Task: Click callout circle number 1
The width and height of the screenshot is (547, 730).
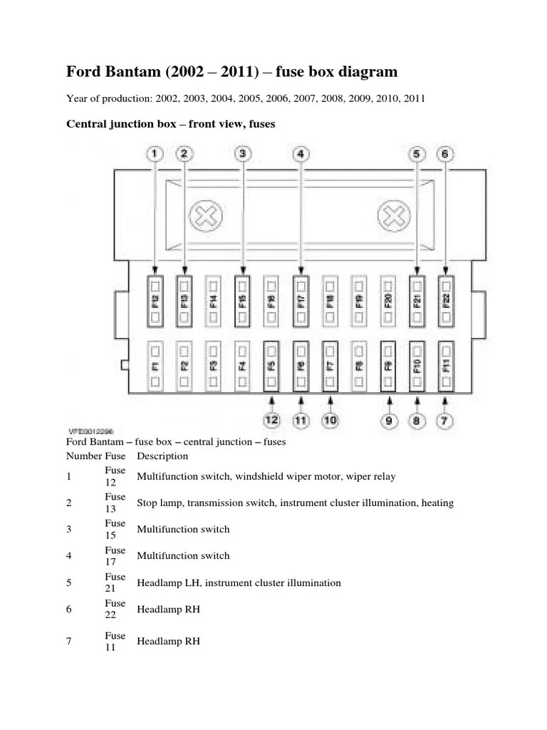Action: pos(155,153)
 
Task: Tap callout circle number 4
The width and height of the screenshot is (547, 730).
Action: pos(301,153)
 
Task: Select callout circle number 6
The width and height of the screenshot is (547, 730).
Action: pos(445,153)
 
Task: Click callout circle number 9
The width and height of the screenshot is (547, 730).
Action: pos(389,420)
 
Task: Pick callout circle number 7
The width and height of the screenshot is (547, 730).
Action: pos(444,420)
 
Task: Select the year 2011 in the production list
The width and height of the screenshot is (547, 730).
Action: pos(413,99)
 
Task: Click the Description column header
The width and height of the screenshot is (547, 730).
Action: pos(162,456)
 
